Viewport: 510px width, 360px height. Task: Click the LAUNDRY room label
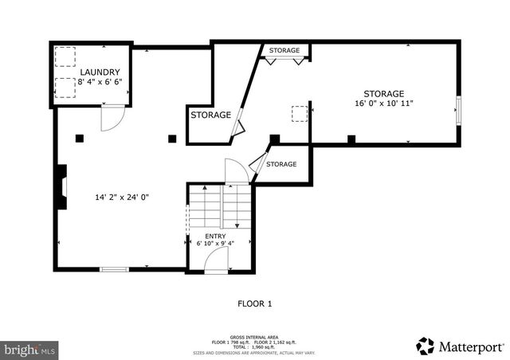pos(100,72)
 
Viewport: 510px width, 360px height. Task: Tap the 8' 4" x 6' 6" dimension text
pos(100,81)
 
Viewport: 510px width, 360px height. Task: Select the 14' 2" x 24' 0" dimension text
pos(122,197)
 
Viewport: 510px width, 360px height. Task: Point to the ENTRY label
pos(215,236)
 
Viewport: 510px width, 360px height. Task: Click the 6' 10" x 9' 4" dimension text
pos(215,245)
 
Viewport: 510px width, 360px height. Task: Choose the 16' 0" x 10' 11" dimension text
pos(384,104)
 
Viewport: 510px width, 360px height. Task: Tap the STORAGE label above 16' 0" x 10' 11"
pos(384,93)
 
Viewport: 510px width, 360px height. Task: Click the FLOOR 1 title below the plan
pos(255,303)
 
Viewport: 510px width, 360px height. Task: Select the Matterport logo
pos(460,346)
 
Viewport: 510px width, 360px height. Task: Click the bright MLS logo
pos(30,349)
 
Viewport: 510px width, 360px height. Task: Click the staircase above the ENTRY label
pos(219,207)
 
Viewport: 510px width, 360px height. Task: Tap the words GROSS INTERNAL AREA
pos(255,337)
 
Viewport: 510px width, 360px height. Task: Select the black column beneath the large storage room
pos(351,139)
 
